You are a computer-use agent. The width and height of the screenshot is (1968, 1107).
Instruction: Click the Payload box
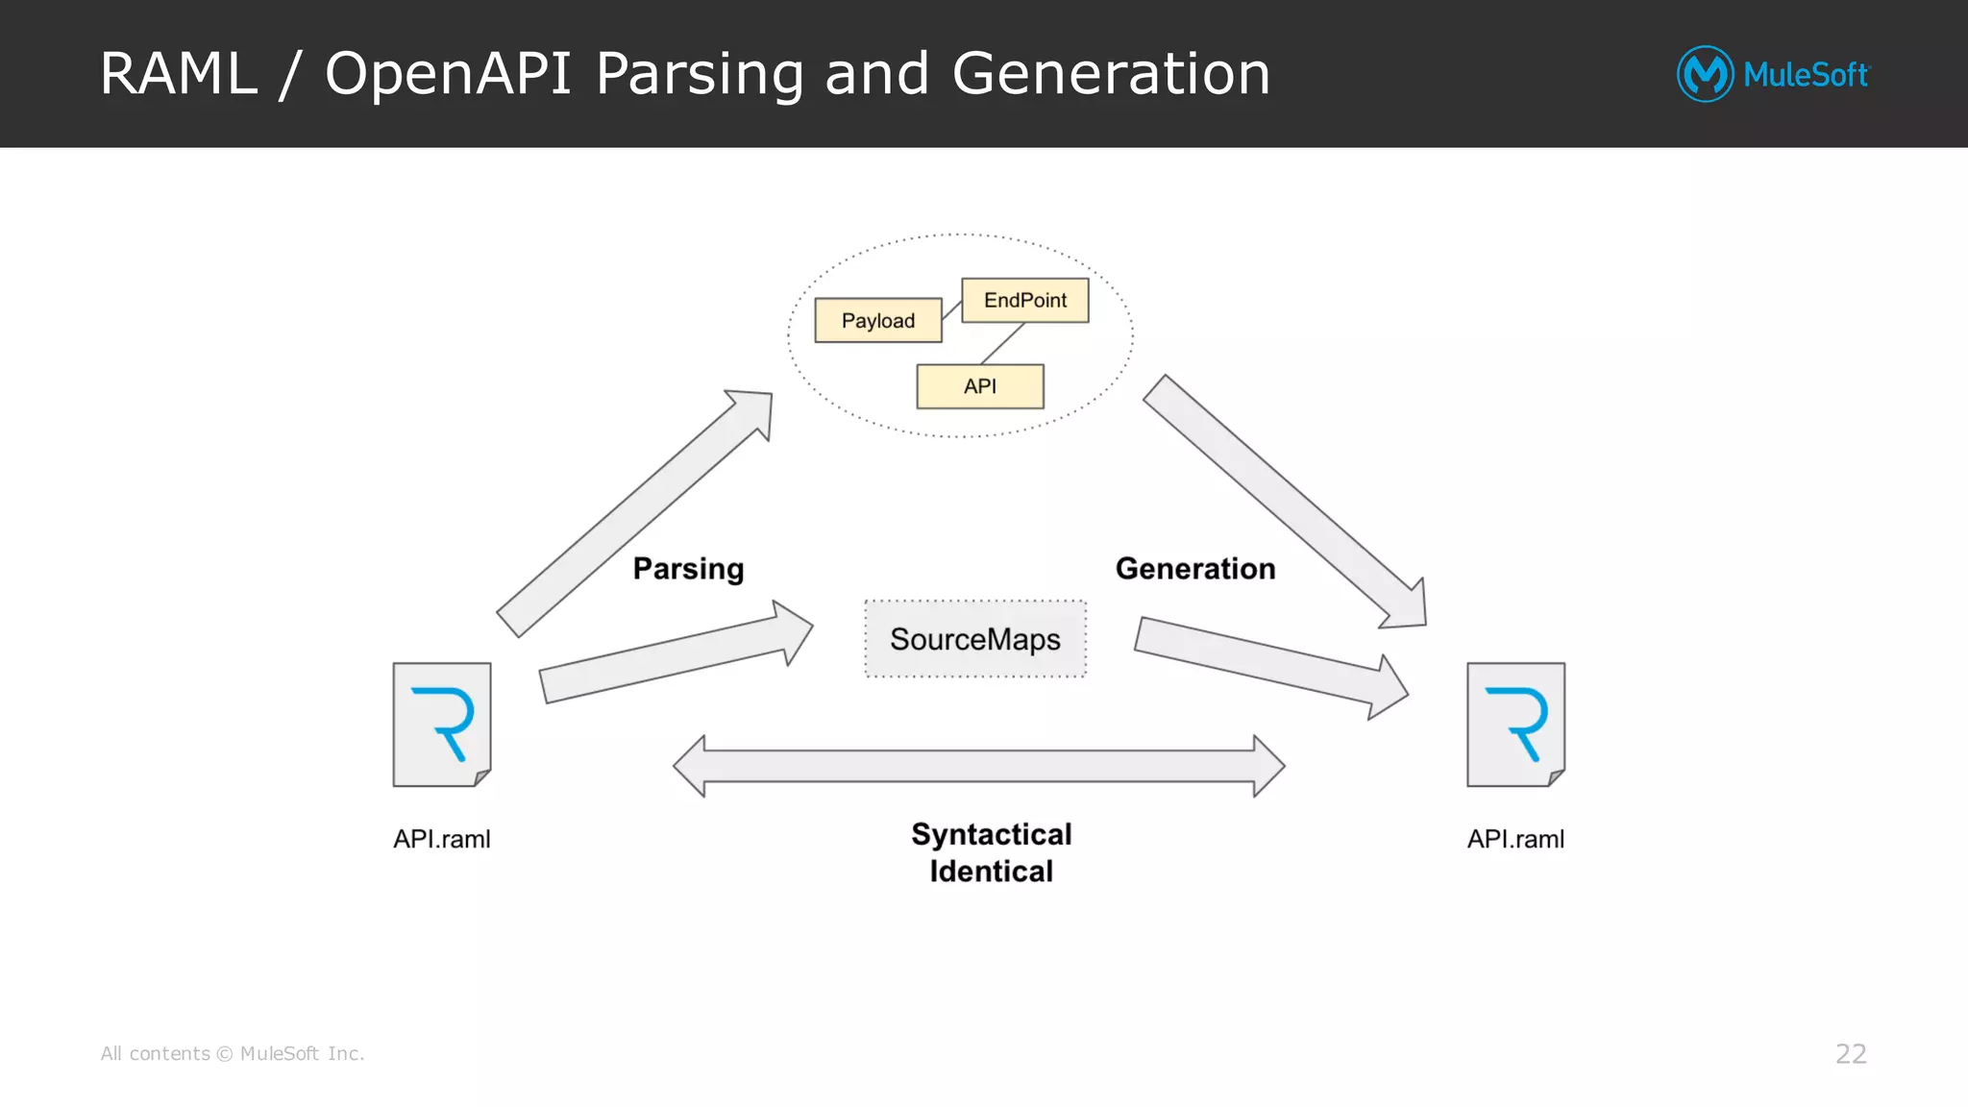[x=877, y=320]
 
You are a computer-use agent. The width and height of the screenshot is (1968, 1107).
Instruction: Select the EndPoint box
[x=1024, y=300]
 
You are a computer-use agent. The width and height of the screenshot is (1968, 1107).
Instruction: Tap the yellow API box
[x=979, y=386]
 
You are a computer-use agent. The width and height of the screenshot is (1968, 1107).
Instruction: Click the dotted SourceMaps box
[x=974, y=639]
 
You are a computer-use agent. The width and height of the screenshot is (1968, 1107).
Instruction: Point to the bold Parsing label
[x=688, y=569]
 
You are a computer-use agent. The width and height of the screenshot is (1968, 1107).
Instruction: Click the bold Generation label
[x=1194, y=569]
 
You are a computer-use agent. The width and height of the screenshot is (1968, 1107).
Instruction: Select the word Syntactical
[x=991, y=834]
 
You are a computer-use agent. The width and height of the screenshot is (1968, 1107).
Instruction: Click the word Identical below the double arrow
[x=991, y=872]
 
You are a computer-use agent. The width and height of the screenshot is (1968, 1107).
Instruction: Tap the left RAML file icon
[x=442, y=725]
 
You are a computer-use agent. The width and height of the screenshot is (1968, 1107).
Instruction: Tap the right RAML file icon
[x=1515, y=725]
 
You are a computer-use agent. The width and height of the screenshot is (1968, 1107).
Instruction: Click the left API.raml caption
[x=441, y=839]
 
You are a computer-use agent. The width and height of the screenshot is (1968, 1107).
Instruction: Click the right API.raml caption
[x=1515, y=839]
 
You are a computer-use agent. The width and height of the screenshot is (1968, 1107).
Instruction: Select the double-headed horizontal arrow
[x=978, y=766]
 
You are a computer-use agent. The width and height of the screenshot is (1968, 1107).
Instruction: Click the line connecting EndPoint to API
[x=1002, y=343]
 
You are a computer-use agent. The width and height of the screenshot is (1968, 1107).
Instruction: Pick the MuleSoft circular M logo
[x=1705, y=74]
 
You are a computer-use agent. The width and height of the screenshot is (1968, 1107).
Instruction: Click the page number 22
[x=1850, y=1054]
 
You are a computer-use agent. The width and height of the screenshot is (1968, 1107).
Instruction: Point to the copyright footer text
[x=233, y=1054]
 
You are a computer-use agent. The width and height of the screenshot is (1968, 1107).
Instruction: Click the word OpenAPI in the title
[x=448, y=74]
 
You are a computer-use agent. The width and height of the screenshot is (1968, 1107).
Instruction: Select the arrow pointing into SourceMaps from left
[x=673, y=653]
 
